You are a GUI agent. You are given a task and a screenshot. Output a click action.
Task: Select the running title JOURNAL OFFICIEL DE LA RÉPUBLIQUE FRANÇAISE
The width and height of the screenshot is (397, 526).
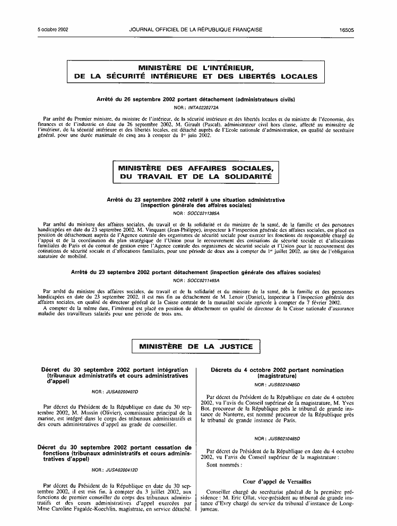click(x=195, y=30)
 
